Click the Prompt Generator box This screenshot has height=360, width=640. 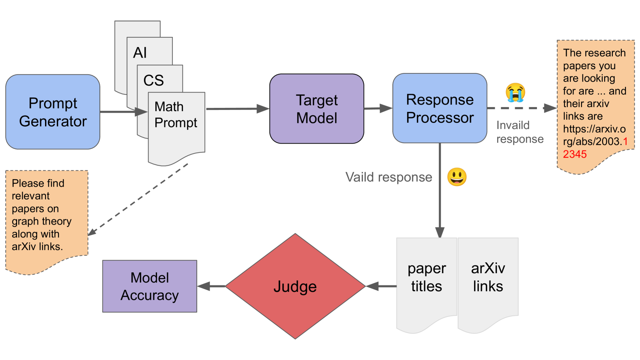coord(53,112)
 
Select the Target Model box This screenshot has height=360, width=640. coord(317,109)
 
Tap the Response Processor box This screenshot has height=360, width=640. coord(440,108)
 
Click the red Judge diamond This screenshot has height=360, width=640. coord(295,286)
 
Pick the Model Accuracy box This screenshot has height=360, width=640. coord(150,286)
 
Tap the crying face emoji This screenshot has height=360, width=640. coord(515,92)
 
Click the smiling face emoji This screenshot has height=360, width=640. coord(457,177)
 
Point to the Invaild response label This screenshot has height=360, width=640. coord(519,132)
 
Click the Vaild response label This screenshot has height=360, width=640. coord(389,177)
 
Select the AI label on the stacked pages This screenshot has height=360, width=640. coord(140,53)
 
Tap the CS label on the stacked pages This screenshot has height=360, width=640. coord(153,80)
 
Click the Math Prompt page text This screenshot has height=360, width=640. coord(176,115)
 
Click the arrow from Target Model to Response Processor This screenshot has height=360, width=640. coord(378,108)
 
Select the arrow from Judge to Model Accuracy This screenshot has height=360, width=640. coord(211,286)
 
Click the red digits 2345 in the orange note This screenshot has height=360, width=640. coord(575,154)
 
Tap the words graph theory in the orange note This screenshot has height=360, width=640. coord(41,221)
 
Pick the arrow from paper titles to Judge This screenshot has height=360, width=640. coord(381,286)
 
